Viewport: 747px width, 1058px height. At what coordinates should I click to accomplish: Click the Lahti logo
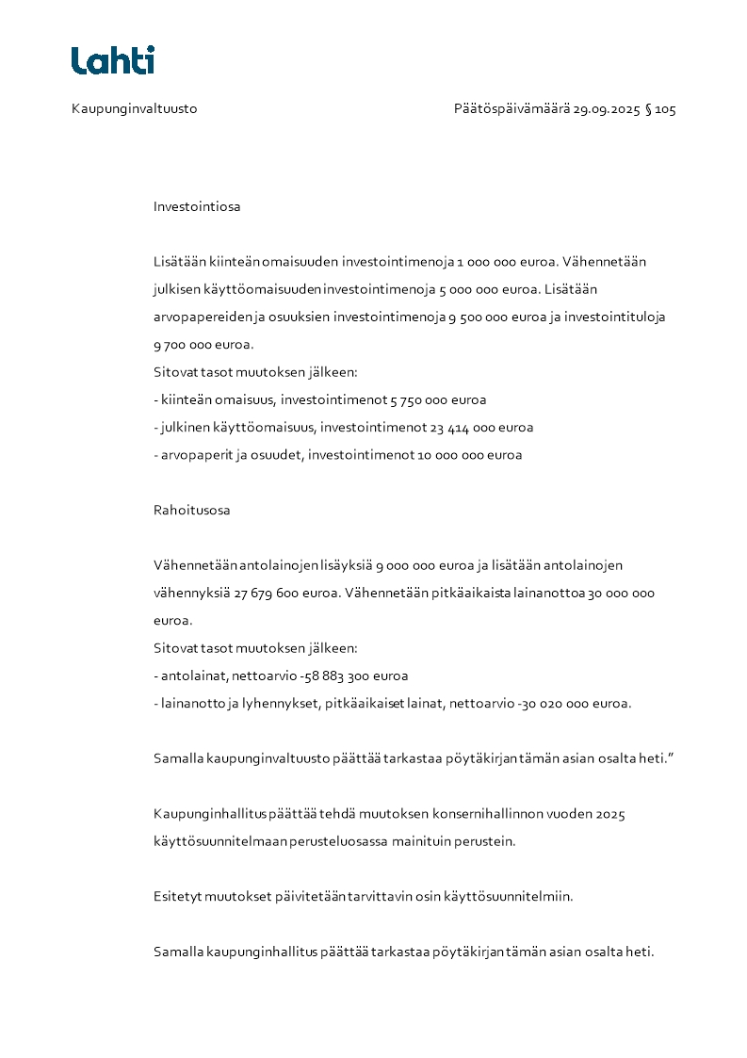(113, 60)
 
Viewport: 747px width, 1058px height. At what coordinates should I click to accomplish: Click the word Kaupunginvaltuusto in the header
(134, 109)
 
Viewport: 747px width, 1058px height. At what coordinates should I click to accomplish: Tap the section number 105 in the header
(665, 109)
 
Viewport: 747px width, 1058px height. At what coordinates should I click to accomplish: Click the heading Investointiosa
(197, 206)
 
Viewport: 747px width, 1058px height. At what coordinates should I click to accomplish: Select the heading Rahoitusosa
(191, 511)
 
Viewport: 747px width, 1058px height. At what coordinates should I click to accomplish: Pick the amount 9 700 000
(183, 345)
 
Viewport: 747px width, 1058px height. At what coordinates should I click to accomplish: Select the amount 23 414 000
(460, 428)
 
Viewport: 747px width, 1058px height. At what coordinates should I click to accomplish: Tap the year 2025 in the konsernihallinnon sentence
(610, 814)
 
